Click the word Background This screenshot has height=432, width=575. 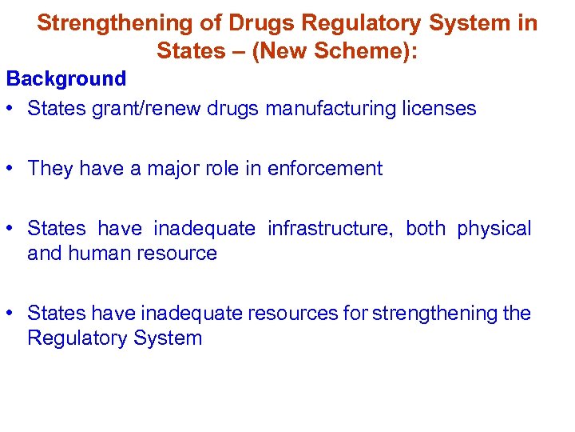66,78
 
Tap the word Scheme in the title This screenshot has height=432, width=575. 366,50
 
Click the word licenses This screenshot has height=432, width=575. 440,108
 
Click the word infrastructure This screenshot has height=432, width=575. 331,229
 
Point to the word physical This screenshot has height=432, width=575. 494,229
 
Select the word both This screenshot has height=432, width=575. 426,229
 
